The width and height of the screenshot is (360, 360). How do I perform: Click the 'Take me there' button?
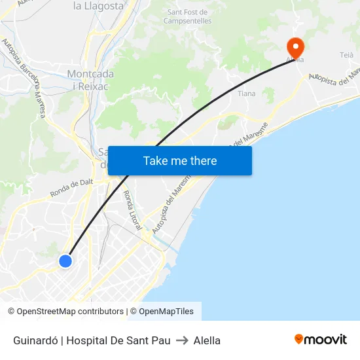coord(180,160)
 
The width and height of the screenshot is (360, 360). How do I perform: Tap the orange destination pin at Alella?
coord(295,47)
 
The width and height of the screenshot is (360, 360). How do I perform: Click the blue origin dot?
coord(65,261)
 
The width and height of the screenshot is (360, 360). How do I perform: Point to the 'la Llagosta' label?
coord(98,6)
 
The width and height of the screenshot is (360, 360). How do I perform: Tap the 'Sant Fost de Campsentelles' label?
coord(188,16)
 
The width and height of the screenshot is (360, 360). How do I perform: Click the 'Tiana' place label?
coord(247,94)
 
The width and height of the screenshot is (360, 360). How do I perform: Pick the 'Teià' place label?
coord(347,55)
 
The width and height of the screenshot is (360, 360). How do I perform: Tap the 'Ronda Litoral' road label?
coord(132,209)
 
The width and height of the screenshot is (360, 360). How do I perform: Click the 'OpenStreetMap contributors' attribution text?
coord(69,312)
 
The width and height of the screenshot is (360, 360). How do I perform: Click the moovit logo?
coord(321,339)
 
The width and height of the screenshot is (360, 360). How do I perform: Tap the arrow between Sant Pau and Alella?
coord(182,340)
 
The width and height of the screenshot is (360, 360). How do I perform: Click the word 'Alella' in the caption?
coord(207,340)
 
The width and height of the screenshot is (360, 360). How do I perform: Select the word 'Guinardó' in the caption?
coord(34,340)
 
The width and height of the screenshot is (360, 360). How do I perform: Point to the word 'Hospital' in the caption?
coord(87,340)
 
